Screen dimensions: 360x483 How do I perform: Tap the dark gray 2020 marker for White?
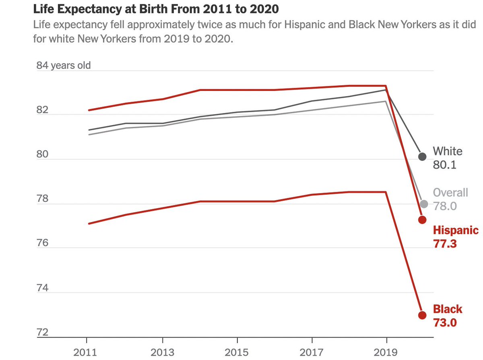[x=422, y=156]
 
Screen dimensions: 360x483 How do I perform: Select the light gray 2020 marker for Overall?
[x=423, y=204]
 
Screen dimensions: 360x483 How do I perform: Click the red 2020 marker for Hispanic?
[x=422, y=220]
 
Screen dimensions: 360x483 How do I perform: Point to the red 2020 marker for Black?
[x=422, y=315]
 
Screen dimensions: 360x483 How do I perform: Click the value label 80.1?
[x=444, y=165]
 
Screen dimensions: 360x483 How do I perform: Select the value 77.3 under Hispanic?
[x=445, y=243]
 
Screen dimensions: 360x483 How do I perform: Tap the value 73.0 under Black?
[x=445, y=323]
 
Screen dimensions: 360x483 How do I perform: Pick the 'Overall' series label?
[x=450, y=193]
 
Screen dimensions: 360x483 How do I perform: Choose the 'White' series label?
[x=448, y=151]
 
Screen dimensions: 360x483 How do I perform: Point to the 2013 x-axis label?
[x=162, y=352]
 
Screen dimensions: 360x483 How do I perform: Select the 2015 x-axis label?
[x=237, y=352]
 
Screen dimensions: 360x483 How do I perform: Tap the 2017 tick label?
[x=312, y=352]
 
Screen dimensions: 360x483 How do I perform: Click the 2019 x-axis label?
[x=386, y=352]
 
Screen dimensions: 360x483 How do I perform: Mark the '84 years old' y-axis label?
[x=64, y=65]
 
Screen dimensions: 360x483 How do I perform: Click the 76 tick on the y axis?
[x=42, y=243]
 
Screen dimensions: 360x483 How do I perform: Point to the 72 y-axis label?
[x=42, y=333]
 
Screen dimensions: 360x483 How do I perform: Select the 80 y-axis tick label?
[x=42, y=154]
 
